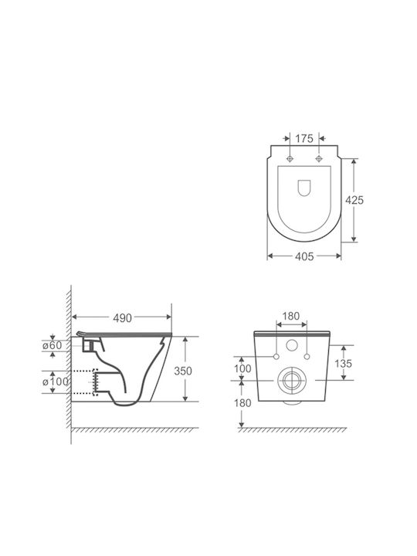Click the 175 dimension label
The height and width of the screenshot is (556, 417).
click(304, 139)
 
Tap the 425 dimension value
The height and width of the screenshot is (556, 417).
click(354, 200)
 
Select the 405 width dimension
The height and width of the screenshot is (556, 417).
click(304, 256)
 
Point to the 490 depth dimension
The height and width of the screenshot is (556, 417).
click(122, 318)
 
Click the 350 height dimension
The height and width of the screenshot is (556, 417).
click(182, 371)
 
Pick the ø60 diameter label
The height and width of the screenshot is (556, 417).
click(53, 345)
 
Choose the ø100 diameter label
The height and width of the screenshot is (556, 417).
click(56, 382)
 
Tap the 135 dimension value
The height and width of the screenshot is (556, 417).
click(343, 363)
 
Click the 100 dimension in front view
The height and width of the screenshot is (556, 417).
click(242, 368)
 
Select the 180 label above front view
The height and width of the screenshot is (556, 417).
click(291, 316)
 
